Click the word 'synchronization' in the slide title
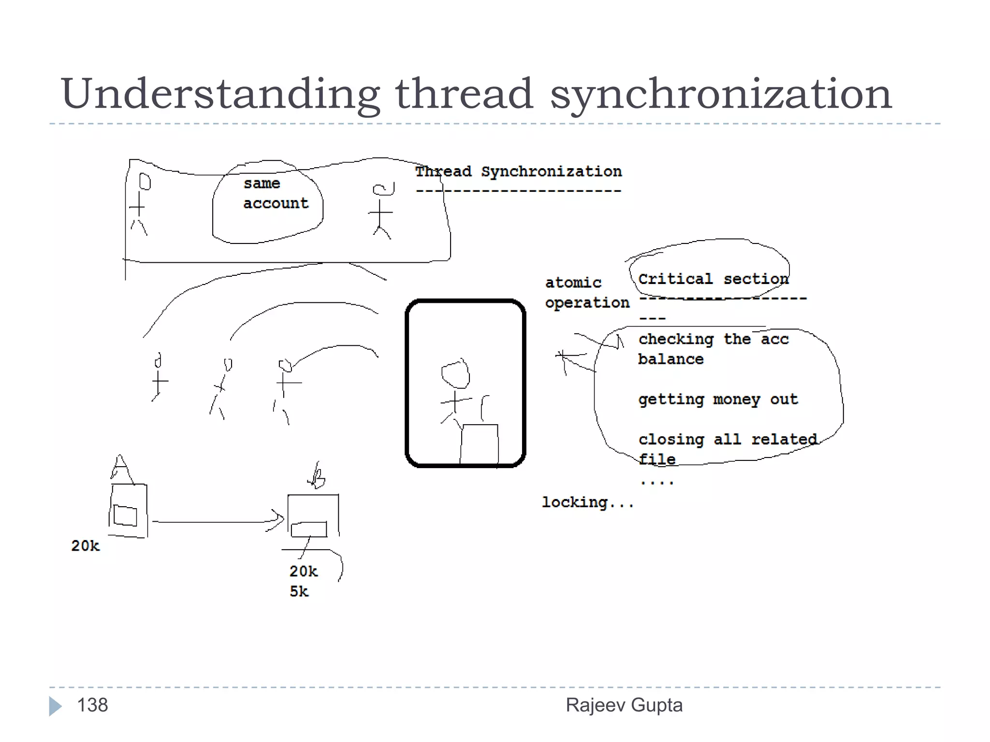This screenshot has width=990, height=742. [720, 94]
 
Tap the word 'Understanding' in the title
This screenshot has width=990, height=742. [220, 94]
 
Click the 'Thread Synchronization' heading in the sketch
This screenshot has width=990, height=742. [518, 172]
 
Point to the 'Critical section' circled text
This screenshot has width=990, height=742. [713, 279]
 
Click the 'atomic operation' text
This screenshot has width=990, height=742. [586, 293]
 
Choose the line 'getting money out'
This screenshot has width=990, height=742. [717, 400]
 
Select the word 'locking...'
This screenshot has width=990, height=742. [587, 502]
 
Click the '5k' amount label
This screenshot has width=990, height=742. [299, 591]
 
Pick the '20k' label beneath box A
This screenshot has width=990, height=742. [85, 546]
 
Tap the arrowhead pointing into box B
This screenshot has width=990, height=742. [278, 520]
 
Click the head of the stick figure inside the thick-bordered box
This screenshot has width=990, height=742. [455, 374]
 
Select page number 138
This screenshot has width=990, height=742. [92, 705]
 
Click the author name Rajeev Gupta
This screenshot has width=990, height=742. [624, 705]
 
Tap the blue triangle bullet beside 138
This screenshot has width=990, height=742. [55, 706]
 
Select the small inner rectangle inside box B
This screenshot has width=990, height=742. [309, 529]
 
